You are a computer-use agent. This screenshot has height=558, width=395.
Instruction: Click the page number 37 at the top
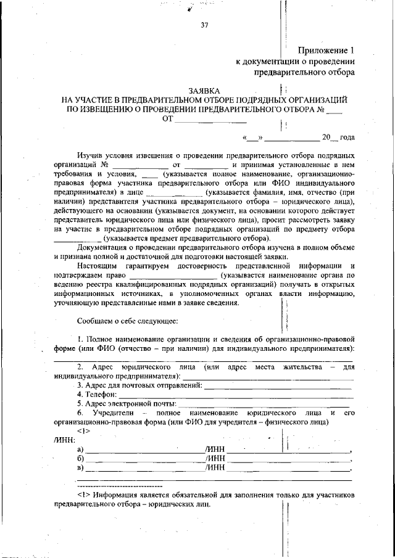(x=204, y=25)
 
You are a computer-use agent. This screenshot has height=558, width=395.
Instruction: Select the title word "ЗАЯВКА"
(x=204, y=90)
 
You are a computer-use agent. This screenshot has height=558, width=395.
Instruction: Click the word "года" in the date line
(x=347, y=137)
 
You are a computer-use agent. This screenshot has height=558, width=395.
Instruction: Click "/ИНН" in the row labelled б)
(x=215, y=459)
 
